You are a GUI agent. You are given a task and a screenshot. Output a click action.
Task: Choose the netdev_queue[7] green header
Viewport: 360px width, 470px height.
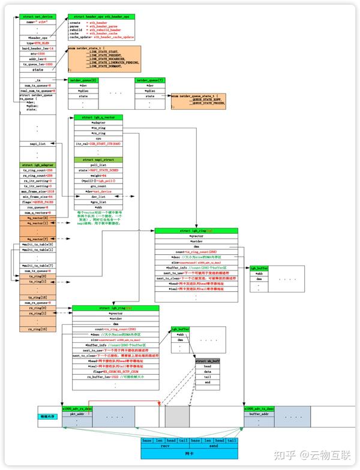click(149, 79)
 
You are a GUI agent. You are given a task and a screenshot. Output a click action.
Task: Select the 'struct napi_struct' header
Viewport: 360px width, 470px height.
click(98, 159)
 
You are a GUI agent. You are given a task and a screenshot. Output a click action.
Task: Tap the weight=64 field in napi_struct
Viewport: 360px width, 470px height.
click(98, 174)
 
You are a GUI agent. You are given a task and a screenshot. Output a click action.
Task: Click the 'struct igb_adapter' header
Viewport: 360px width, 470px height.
click(38, 164)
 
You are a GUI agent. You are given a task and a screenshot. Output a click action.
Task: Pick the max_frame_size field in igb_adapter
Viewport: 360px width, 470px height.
click(38, 191)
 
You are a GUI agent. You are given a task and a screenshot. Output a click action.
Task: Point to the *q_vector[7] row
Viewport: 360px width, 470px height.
click(38, 239)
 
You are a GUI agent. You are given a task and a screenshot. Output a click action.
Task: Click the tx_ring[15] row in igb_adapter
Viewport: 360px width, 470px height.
click(38, 297)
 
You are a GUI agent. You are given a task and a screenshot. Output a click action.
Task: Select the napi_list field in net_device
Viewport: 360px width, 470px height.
click(38, 144)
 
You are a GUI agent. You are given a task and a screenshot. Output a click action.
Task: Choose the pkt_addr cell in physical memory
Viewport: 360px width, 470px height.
click(77, 414)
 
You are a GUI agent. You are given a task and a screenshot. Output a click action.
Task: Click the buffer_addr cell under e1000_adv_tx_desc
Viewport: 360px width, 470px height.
click(259, 414)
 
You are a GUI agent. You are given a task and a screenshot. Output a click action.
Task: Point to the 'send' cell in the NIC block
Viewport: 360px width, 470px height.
click(213, 447)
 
